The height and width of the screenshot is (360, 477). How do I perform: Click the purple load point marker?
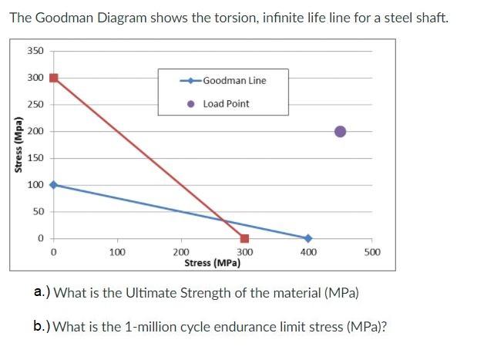[x=340, y=131]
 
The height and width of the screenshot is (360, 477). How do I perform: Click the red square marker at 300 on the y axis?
[x=53, y=78]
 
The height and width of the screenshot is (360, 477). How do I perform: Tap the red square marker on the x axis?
[x=244, y=238]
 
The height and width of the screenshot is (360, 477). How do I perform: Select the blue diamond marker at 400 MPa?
[x=307, y=238]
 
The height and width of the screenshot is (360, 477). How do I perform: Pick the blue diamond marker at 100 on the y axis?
[x=53, y=185]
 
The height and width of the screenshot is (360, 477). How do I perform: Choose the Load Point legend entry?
[x=226, y=103]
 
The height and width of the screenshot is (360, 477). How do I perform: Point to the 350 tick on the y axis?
[x=35, y=51]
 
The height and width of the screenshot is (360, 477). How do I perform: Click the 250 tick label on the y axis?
[x=35, y=105]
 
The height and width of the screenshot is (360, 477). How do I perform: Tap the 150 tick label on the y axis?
[x=35, y=158]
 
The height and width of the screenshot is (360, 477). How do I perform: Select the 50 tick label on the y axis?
[x=38, y=211]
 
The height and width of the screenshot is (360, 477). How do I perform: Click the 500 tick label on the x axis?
[x=372, y=252]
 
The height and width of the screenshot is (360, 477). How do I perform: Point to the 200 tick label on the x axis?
[x=180, y=252]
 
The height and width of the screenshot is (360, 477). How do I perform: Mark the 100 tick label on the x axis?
[x=116, y=252]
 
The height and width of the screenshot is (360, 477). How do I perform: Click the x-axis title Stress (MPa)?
[x=213, y=263]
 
